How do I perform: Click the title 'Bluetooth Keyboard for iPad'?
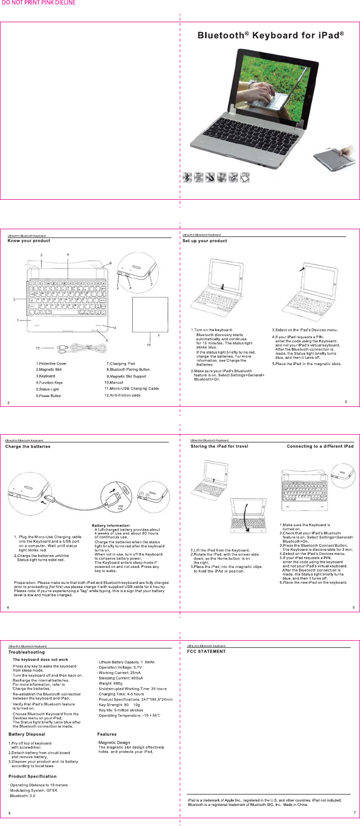click(x=271, y=36)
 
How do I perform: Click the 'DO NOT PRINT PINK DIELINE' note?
click(x=39, y=3)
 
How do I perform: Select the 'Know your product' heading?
click(x=29, y=241)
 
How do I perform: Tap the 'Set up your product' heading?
click(x=205, y=241)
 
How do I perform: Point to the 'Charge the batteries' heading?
click(x=28, y=446)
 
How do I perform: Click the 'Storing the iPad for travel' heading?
click(x=220, y=446)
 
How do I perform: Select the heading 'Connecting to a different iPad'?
click(x=320, y=446)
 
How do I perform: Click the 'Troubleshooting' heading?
click(x=27, y=652)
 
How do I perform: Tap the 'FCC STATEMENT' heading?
click(x=206, y=652)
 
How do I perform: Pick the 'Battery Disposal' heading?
click(x=27, y=734)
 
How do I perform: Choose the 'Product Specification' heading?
click(x=33, y=776)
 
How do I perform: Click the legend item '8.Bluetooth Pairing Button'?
click(x=128, y=370)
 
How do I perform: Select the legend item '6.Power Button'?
click(x=49, y=396)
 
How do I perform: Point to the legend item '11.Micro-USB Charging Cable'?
click(x=131, y=388)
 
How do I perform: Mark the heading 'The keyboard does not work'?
click(x=40, y=660)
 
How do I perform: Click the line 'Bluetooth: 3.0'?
click(x=23, y=796)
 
